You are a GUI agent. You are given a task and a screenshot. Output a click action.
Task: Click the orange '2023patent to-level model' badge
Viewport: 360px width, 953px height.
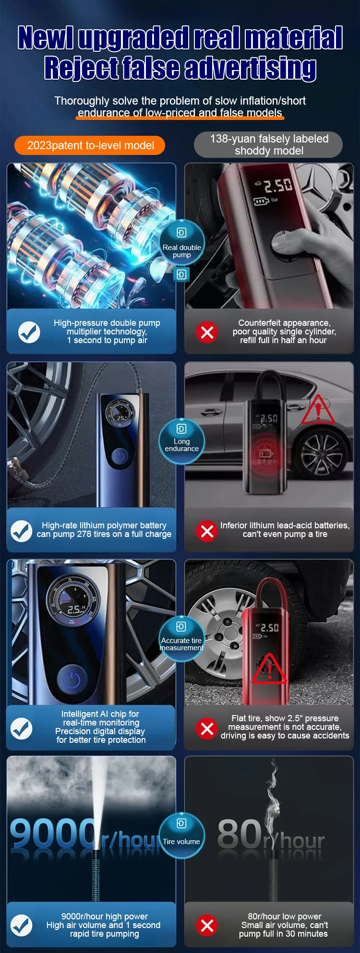pos(90,145)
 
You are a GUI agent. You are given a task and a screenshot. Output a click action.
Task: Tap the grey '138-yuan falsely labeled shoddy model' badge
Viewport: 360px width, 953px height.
pos(268,144)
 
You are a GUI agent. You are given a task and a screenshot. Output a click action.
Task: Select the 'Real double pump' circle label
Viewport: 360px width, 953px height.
pos(182,243)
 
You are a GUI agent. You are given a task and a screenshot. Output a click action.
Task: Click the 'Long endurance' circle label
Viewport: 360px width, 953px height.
pos(181,441)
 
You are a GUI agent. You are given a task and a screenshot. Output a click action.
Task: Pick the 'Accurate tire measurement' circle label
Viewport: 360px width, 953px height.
pos(181,639)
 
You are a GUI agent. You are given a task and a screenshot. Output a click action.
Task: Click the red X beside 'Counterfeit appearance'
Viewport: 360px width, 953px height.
pos(207,332)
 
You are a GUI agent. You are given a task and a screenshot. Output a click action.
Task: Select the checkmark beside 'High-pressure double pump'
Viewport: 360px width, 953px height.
pos(29,332)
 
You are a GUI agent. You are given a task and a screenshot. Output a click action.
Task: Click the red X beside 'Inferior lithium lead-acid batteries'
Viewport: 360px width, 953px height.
pos(207,531)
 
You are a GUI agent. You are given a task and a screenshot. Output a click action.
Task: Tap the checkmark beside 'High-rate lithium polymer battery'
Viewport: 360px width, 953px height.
pos(22,531)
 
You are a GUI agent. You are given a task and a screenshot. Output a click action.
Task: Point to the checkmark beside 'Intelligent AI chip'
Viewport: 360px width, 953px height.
pos(22,729)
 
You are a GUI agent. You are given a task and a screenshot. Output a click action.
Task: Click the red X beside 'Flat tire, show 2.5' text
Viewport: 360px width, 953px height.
pos(207,729)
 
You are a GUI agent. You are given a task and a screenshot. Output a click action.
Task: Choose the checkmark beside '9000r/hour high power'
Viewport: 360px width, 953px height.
pos(22,926)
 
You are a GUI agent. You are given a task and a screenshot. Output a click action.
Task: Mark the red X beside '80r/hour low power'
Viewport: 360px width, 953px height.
pos(207,926)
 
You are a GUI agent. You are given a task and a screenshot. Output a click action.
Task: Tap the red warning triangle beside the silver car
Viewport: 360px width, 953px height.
pos(318,411)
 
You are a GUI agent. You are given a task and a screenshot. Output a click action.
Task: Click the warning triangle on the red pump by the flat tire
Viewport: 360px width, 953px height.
pos(269,668)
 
